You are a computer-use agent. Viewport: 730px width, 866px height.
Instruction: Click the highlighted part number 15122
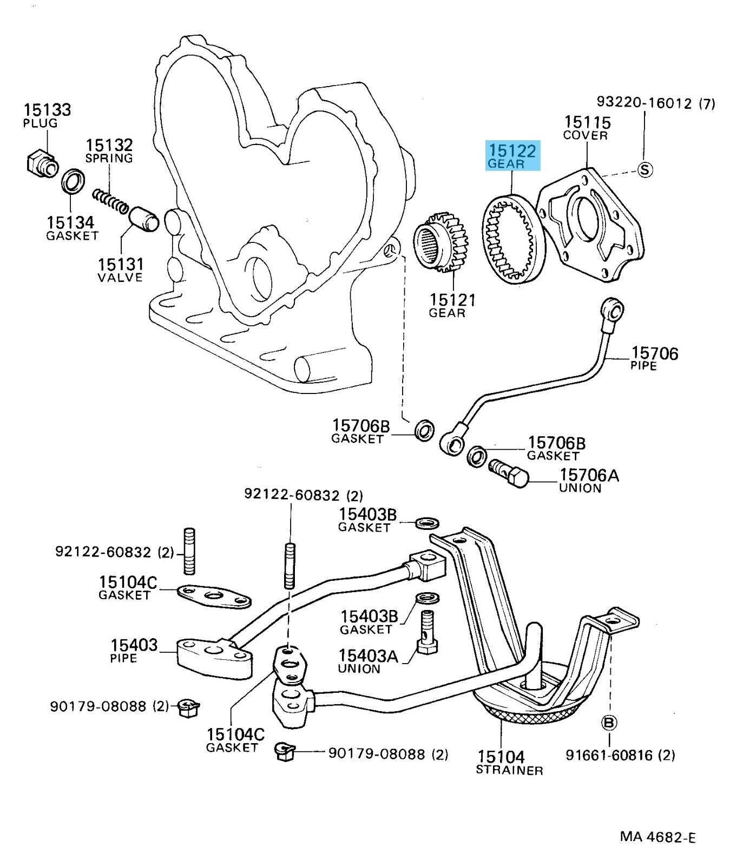pos(512,150)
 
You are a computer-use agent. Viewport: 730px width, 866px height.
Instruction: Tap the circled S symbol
pos(644,169)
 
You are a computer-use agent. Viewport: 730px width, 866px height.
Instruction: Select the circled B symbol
pos(609,722)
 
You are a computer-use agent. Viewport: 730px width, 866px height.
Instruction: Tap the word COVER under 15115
pos(586,135)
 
